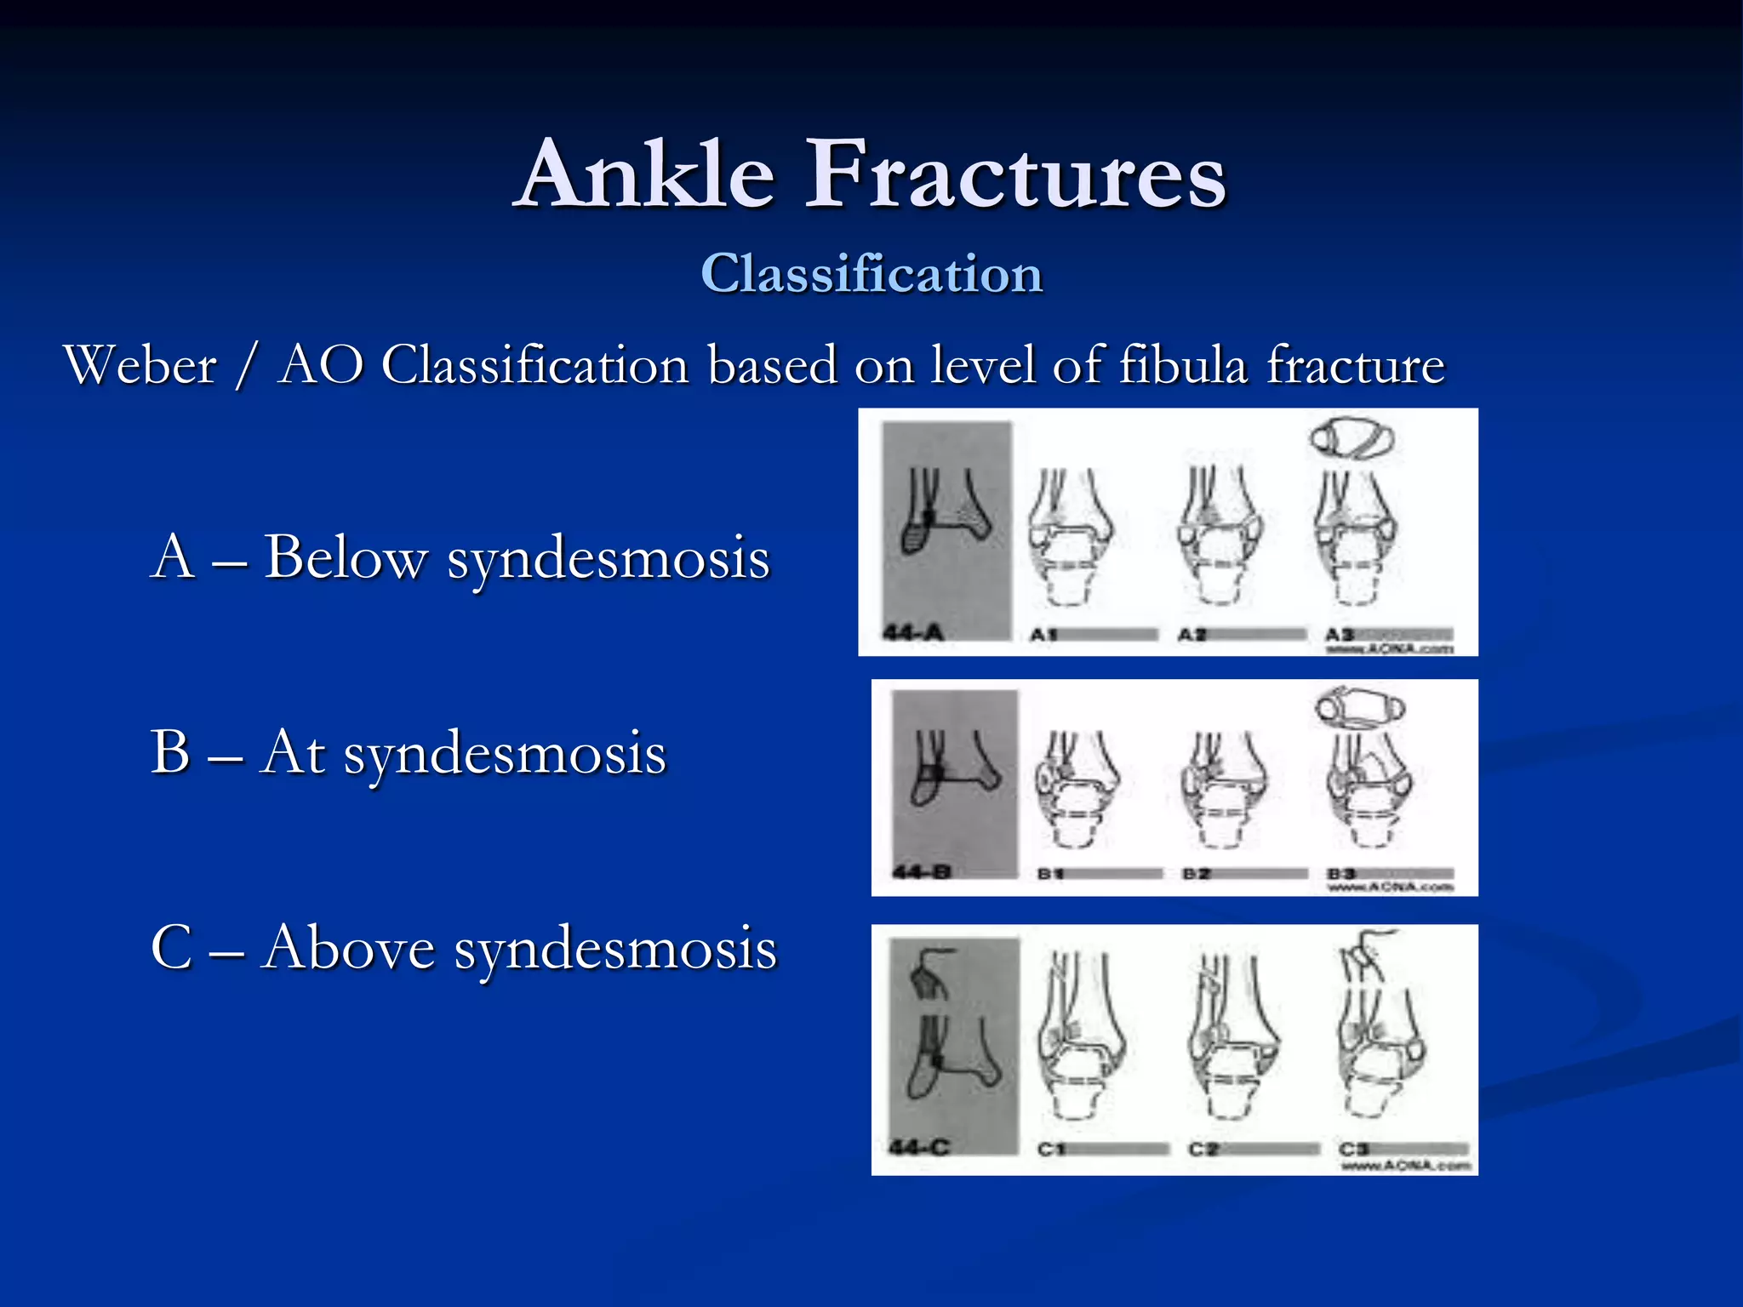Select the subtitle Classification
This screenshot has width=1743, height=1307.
click(x=871, y=274)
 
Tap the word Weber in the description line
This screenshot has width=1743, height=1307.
click(x=140, y=366)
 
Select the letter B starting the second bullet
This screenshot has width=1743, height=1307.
click(x=170, y=752)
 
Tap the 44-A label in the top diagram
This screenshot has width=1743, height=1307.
click(x=912, y=632)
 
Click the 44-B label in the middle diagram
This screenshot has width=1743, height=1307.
click(x=921, y=872)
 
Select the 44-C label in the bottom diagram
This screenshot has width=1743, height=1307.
click(x=918, y=1147)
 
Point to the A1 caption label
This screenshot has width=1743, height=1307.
click(x=1043, y=634)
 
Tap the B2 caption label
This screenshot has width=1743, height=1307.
click(x=1197, y=874)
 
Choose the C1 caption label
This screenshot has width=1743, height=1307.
click(x=1051, y=1149)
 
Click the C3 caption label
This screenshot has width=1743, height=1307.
click(x=1353, y=1149)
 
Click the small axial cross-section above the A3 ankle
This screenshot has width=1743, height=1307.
click(x=1351, y=438)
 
